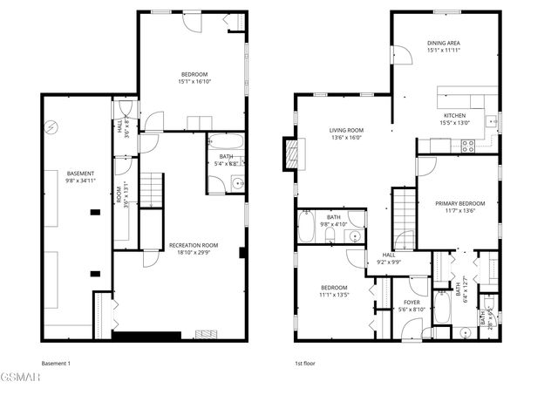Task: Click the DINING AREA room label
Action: pos(443,43)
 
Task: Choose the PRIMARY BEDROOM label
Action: pos(459,202)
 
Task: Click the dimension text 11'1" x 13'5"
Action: pos(333,295)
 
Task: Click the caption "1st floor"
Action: pos(304,363)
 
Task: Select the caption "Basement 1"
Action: pos(55,363)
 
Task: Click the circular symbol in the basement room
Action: pos(51,128)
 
